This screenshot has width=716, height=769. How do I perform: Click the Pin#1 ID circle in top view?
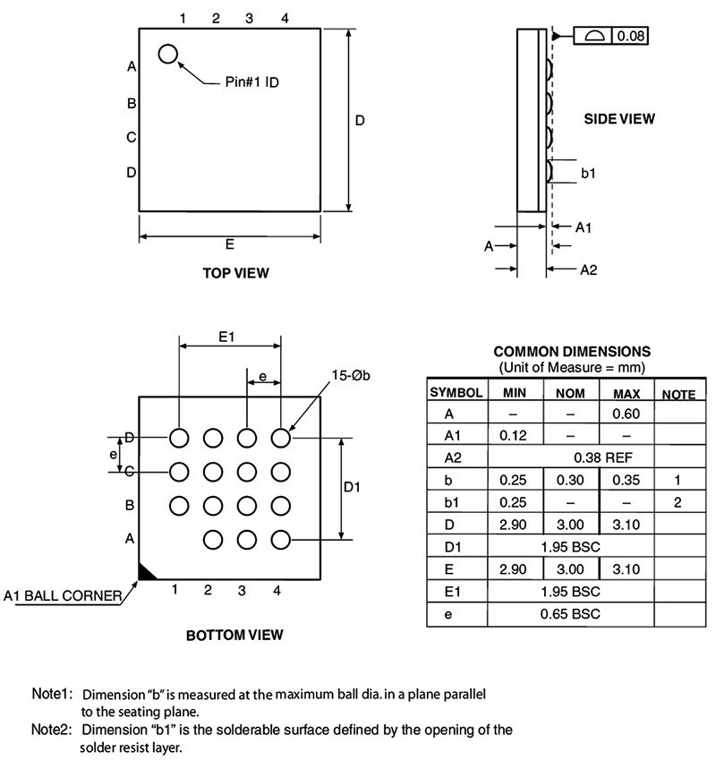(x=167, y=45)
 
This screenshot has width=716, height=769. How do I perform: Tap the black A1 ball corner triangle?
(x=145, y=573)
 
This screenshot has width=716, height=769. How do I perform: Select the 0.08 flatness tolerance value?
(x=631, y=36)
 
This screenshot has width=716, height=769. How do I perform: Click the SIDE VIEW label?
(x=619, y=119)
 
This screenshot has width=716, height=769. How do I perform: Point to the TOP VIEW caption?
(x=236, y=273)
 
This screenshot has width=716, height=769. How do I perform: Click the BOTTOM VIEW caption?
(x=234, y=635)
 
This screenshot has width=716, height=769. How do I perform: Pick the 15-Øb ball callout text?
(x=351, y=375)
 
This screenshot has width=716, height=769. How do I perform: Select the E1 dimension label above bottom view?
(x=226, y=337)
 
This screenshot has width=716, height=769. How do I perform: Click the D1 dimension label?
(x=352, y=487)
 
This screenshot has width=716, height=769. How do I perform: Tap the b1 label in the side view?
(x=588, y=173)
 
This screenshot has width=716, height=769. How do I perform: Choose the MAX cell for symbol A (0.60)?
(x=626, y=414)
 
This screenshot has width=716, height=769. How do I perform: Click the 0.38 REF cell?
(x=603, y=457)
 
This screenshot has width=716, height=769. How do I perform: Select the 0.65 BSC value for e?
(x=570, y=613)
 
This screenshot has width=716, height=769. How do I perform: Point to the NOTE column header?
(x=678, y=394)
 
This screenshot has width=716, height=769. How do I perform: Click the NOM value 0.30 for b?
(x=570, y=480)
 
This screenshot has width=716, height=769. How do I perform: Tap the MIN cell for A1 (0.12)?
(x=513, y=435)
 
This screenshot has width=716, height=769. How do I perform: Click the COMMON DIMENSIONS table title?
(x=572, y=352)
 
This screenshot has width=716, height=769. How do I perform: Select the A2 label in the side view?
(x=589, y=269)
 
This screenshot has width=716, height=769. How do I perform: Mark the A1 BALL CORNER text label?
(x=63, y=595)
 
